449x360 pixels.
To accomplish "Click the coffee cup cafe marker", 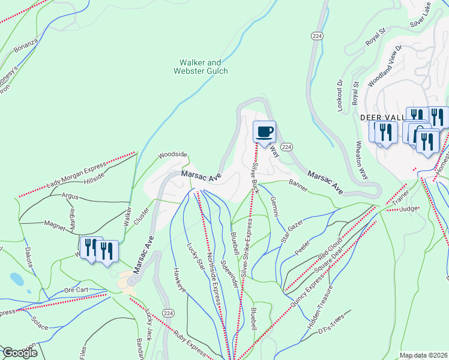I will [x=264, y=131].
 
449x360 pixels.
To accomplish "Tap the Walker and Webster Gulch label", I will [x=200, y=67].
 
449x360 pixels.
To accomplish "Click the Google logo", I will [x=19, y=353].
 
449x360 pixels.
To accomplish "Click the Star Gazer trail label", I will [x=292, y=232].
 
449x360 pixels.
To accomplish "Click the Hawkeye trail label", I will [x=181, y=283].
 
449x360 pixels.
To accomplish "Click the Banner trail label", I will [x=298, y=185].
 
